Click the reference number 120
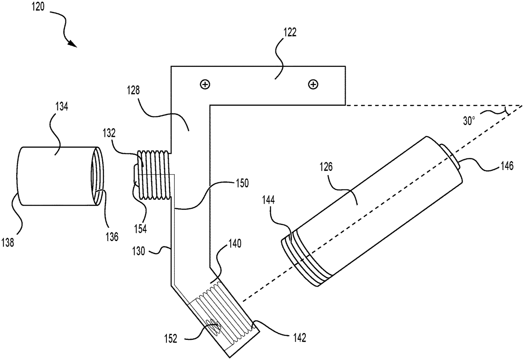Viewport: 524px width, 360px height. pyautogui.click(x=38, y=7)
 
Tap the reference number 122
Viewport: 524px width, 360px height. pyautogui.click(x=290, y=32)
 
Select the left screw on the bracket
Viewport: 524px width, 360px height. pyautogui.click(x=205, y=84)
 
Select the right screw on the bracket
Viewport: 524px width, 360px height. pyautogui.click(x=313, y=84)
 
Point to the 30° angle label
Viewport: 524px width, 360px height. pyautogui.click(x=469, y=121)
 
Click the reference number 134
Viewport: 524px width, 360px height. pyautogui.click(x=62, y=107)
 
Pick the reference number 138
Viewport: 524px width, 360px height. pyautogui.click(x=8, y=243)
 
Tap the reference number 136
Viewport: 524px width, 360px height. pyautogui.click(x=112, y=237)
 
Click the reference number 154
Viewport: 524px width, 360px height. pyautogui.click(x=140, y=228)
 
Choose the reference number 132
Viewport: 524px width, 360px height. pyautogui.click(x=109, y=133)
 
